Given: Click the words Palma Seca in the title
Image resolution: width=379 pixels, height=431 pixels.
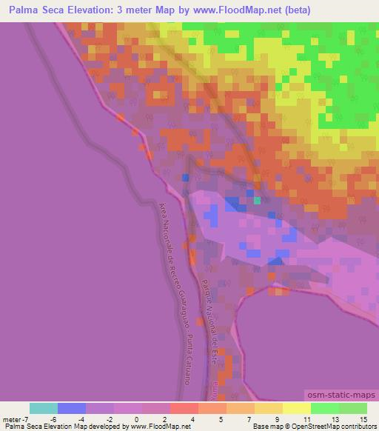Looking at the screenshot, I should pyautogui.click(x=37, y=10).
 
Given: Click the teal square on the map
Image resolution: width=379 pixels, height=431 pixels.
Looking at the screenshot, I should pyautogui.click(x=257, y=200).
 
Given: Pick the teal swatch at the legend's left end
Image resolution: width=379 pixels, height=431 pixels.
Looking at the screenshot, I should pyautogui.click(x=44, y=408).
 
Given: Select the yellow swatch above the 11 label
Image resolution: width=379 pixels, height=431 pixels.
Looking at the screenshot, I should pyautogui.click(x=296, y=408).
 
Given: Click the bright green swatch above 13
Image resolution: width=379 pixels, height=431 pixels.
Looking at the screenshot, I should pyautogui.click(x=324, y=408).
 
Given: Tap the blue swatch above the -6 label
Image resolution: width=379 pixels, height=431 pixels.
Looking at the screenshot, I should pyautogui.click(x=72, y=408).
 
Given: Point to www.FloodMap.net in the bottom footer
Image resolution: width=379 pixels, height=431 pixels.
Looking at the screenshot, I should pyautogui.click(x=159, y=427).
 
